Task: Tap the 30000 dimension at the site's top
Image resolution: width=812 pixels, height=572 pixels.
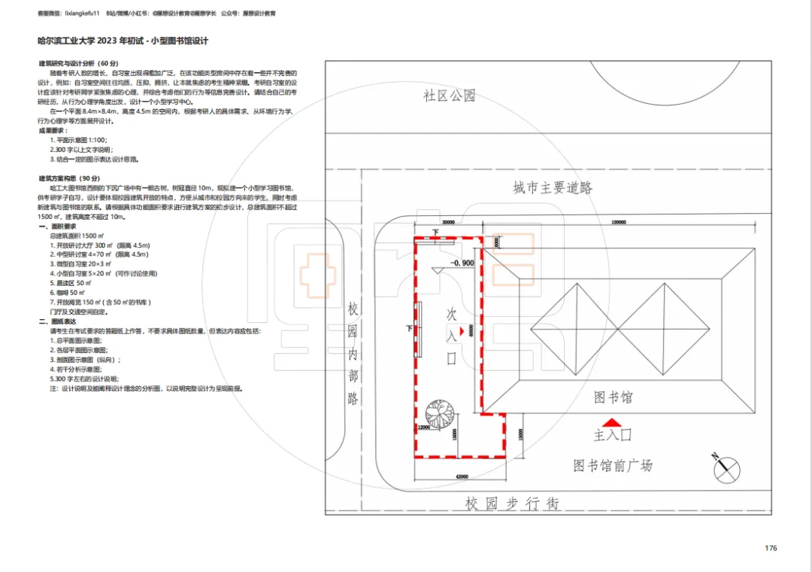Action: coord(449,223)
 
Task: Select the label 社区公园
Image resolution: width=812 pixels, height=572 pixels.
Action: coord(449,96)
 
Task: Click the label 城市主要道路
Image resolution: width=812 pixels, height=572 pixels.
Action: coord(553,188)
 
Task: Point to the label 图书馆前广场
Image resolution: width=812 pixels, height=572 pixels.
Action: coord(613,466)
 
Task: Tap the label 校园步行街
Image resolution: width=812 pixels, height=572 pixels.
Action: coord(511,504)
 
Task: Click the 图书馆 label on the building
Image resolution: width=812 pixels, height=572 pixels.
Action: coord(613,397)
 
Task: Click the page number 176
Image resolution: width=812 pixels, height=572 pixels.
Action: coord(771,548)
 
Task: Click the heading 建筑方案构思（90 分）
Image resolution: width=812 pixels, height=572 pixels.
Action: coord(78,178)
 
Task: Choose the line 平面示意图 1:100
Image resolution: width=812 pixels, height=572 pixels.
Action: coord(78,140)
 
